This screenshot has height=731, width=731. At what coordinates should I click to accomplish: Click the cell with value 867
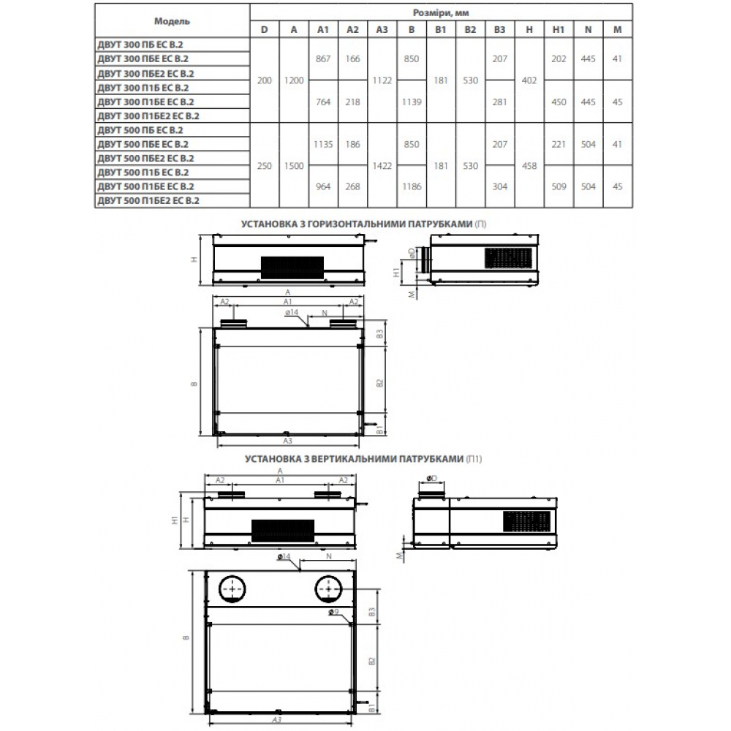pos(323,58)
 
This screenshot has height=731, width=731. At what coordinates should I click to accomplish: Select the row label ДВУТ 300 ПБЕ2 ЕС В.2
pos(145,74)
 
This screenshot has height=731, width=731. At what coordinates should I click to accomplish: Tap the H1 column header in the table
pos(558,30)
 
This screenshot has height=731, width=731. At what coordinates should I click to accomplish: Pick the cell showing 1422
pos(382,165)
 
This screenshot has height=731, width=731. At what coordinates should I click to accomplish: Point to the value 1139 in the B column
pos(412,102)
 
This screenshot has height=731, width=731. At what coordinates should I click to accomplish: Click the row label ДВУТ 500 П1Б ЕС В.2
pos(143,173)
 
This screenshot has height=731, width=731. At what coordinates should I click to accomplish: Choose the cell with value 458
pos(529,165)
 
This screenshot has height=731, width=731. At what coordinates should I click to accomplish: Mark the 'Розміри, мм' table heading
pos(441,12)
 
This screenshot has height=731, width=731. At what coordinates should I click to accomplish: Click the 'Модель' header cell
pos(172,21)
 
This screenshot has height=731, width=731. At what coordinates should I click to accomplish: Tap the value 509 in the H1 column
pos(558,186)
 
